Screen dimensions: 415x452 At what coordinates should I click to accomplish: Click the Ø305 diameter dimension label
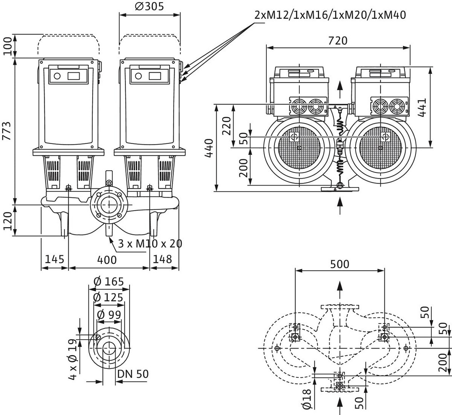click(x=150, y=7)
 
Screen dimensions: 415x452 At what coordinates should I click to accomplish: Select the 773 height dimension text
click(x=7, y=131)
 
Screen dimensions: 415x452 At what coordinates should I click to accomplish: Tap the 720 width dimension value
click(x=338, y=40)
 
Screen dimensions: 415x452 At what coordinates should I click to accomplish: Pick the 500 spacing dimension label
click(x=340, y=264)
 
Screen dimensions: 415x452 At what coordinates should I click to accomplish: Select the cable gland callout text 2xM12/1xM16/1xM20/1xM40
click(x=330, y=15)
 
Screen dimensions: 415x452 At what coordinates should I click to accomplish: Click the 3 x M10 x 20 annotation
click(x=150, y=243)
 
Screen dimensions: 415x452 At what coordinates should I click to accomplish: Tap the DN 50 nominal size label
click(x=133, y=374)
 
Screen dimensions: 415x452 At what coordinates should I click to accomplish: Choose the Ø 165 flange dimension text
click(x=109, y=282)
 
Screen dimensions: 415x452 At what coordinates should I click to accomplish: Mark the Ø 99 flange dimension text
click(x=109, y=315)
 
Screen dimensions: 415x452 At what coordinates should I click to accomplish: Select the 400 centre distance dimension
click(x=107, y=260)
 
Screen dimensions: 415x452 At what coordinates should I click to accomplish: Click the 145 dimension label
click(x=55, y=259)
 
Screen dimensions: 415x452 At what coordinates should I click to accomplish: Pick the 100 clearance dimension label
click(x=7, y=46)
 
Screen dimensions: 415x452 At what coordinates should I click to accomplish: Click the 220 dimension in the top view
click(x=226, y=125)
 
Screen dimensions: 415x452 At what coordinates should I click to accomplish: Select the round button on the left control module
click(x=57, y=76)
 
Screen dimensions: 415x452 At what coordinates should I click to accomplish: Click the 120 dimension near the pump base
click(x=7, y=221)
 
